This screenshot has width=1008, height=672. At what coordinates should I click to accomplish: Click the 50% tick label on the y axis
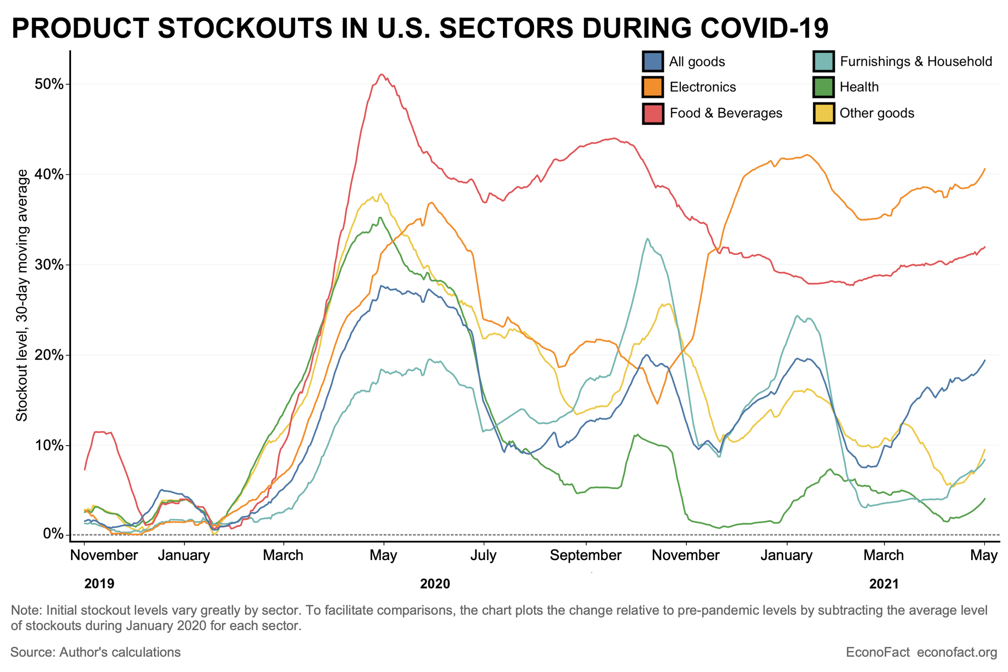(x=48, y=84)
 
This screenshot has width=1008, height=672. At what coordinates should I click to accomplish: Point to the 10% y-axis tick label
(x=48, y=446)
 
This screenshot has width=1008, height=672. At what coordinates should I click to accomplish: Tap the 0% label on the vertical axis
(x=52, y=535)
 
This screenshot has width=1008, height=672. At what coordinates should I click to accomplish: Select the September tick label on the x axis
(x=586, y=556)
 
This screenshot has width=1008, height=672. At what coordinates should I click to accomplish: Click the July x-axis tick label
(x=484, y=556)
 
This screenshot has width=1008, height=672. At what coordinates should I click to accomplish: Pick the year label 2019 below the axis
(x=99, y=584)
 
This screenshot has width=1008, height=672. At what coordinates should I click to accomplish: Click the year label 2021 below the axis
(x=884, y=584)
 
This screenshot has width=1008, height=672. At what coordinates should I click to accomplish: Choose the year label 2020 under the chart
(x=435, y=584)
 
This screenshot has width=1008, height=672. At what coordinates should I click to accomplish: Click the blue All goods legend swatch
(x=653, y=62)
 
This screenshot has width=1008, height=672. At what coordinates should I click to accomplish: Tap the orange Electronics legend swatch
(x=653, y=87)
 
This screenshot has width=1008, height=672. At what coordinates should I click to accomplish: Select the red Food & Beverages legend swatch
(x=653, y=113)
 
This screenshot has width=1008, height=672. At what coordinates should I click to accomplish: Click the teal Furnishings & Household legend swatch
(x=824, y=62)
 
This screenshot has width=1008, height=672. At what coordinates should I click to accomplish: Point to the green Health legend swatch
(x=824, y=87)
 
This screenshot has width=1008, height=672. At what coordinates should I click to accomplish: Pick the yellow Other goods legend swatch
(x=824, y=113)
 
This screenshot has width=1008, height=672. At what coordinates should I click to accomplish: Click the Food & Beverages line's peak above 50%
(x=382, y=75)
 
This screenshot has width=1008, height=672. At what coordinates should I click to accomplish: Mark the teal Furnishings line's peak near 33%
(x=647, y=239)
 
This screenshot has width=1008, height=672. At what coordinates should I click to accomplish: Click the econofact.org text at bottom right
(x=957, y=652)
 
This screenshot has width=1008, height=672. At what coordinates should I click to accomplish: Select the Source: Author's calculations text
(x=96, y=652)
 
